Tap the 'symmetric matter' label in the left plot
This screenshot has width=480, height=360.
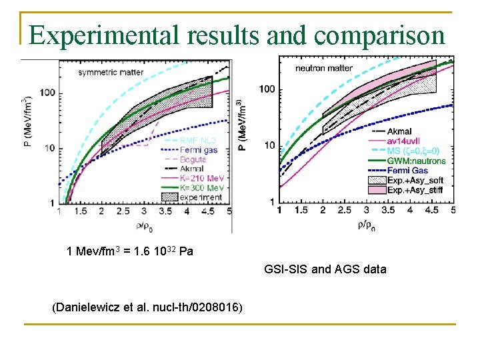[109, 72]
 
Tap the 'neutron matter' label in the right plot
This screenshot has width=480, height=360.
[325, 68]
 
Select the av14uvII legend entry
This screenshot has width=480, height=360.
[406, 141]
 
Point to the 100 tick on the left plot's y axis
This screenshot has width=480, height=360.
[47, 93]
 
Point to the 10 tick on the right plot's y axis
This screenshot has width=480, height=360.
[267, 145]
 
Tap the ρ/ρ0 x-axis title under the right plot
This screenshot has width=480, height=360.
[365, 225]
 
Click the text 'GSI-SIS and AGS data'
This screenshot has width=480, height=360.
[325, 269]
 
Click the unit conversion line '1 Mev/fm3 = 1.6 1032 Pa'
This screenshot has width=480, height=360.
[130, 251]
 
